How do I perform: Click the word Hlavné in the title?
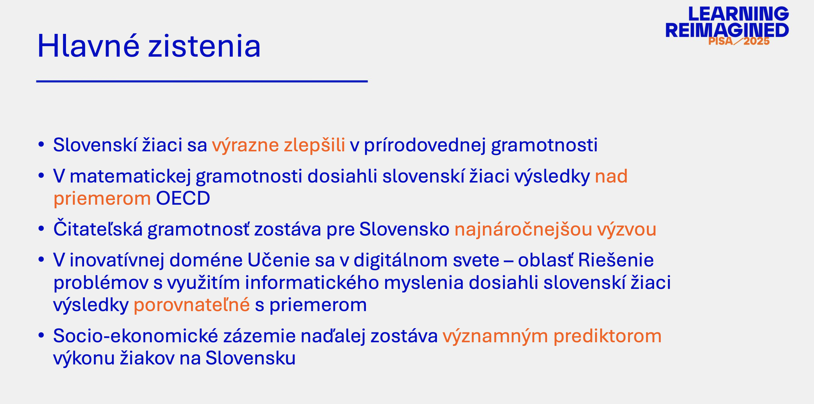88,46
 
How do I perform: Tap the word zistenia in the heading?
205,46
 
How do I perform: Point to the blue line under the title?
202,82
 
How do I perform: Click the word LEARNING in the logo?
738,14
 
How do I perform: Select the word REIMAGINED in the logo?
727,30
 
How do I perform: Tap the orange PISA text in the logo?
720,41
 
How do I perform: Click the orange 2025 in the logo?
756,41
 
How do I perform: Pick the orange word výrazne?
245,145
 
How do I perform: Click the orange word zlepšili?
314,145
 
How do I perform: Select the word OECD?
183,198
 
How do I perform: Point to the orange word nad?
611,176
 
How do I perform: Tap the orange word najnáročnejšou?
523,229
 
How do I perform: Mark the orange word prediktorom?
607,336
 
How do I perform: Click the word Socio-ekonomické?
136,336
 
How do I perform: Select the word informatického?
312,282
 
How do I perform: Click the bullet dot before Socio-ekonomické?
41,335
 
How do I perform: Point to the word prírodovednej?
425,145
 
